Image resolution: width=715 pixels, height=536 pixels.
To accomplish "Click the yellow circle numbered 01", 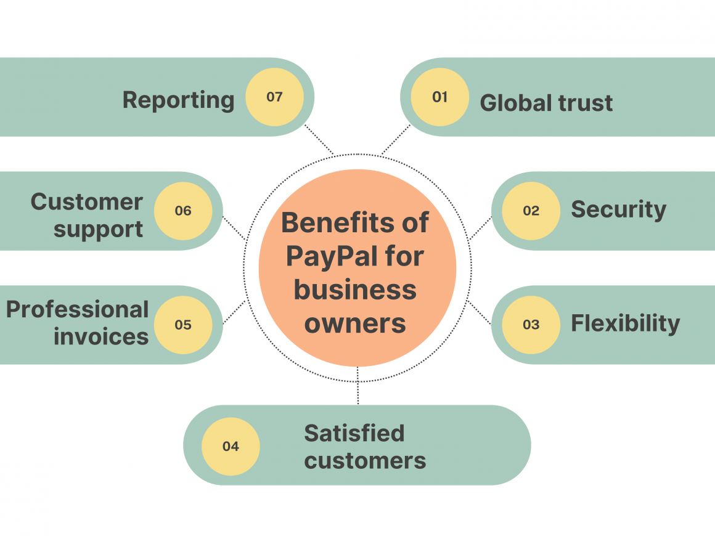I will pyautogui.click(x=439, y=97).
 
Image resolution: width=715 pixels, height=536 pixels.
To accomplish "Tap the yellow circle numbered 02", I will pyautogui.click(x=531, y=211).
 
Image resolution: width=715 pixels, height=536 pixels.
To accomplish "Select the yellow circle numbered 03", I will pyautogui.click(x=531, y=325).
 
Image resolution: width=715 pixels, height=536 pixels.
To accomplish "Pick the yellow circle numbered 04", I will pyautogui.click(x=231, y=446).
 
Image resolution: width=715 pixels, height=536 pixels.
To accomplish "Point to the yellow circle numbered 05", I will pyautogui.click(x=183, y=325).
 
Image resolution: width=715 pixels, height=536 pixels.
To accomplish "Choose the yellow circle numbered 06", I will pyautogui.click(x=183, y=211).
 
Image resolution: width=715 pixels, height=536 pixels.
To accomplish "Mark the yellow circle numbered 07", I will pyautogui.click(x=274, y=97).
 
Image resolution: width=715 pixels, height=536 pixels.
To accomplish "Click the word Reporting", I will pyautogui.click(x=178, y=100).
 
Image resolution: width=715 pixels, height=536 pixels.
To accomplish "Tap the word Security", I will pyautogui.click(x=618, y=210).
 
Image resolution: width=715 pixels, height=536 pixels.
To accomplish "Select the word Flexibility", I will pyautogui.click(x=625, y=323).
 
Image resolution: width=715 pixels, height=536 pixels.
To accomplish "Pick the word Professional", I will pyautogui.click(x=78, y=310).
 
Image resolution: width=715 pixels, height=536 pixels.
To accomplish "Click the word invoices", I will pyautogui.click(x=101, y=336).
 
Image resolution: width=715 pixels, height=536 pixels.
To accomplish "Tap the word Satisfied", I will pyautogui.click(x=354, y=433).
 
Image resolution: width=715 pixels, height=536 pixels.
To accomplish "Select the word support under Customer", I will pyautogui.click(x=99, y=229).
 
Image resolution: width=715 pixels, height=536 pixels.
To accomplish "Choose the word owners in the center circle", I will pyautogui.click(x=356, y=322).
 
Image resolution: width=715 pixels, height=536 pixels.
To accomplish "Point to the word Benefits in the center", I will pyautogui.click(x=329, y=222).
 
